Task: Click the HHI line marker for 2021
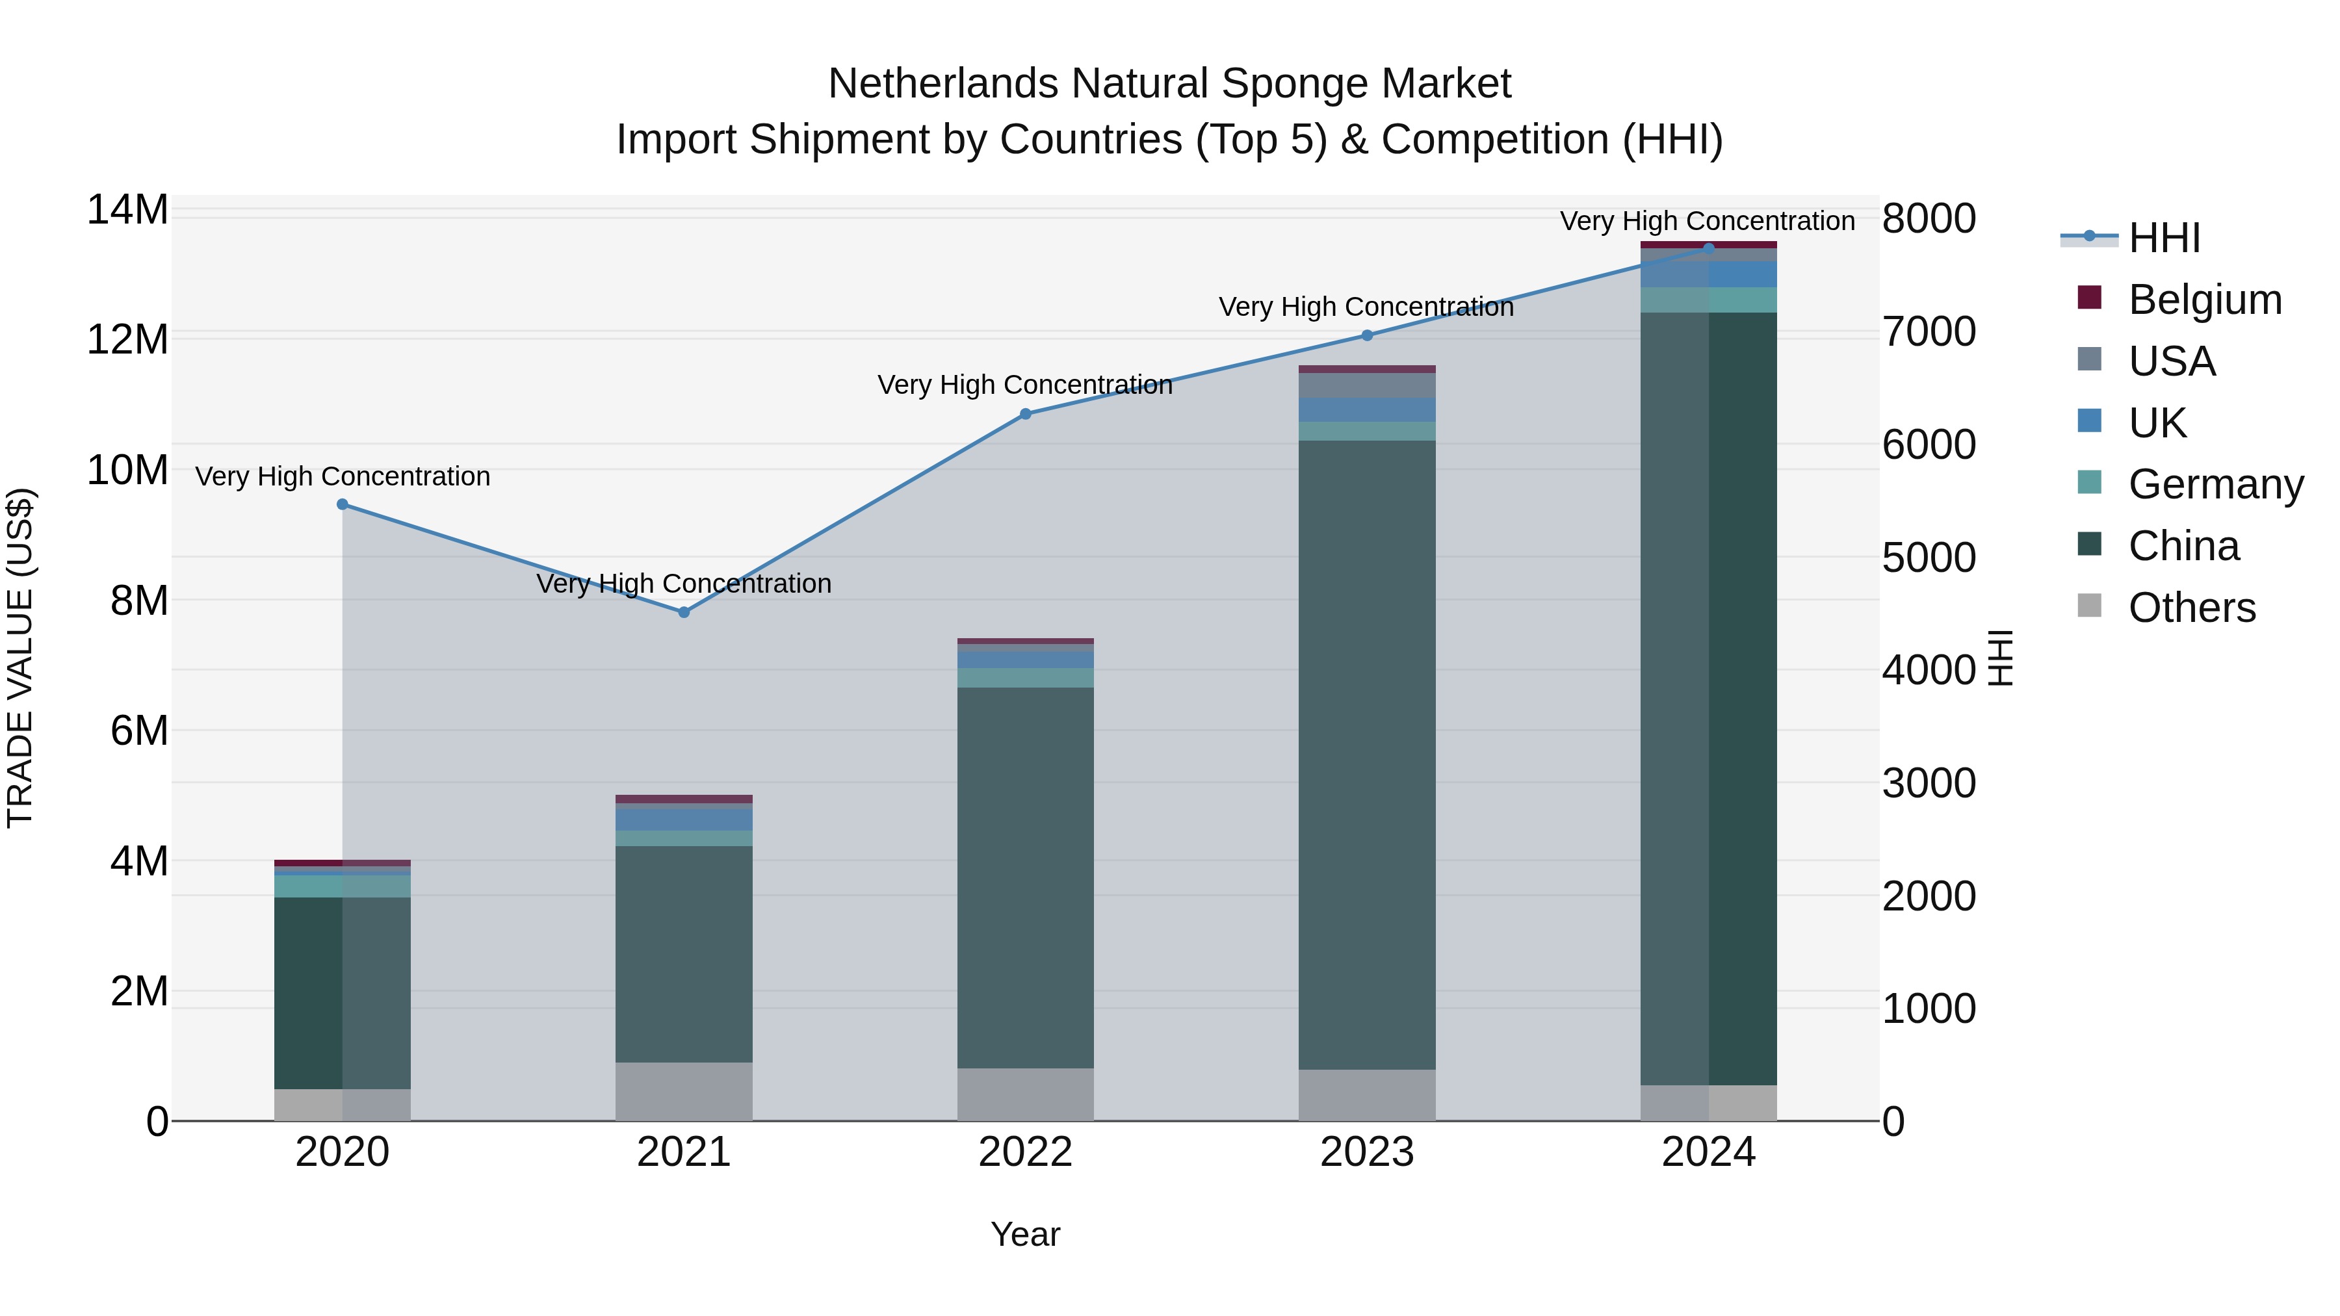tap(684, 612)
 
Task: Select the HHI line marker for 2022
tap(1026, 414)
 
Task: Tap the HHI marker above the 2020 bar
tap(343, 504)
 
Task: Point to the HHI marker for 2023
tap(1367, 335)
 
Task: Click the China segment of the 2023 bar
tap(1367, 754)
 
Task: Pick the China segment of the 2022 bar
tap(1026, 877)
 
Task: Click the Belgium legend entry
tap(2205, 300)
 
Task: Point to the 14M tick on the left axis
tap(127, 210)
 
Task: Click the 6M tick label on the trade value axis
tap(139, 730)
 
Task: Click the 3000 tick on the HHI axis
tap(1929, 783)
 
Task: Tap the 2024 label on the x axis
tap(1708, 1152)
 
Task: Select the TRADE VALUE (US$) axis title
tap(20, 658)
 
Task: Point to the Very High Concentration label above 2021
tap(684, 583)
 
